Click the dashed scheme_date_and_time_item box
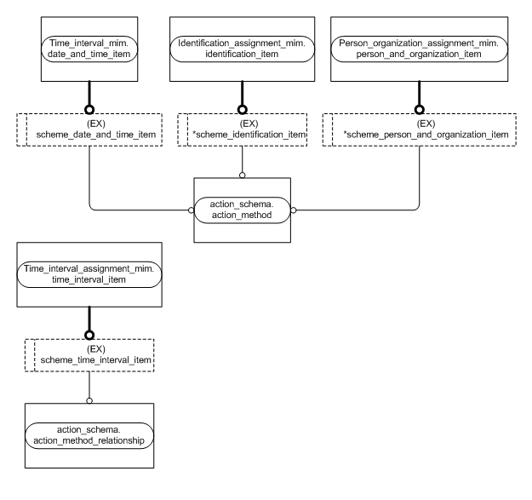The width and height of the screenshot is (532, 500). pyautogui.click(x=89, y=128)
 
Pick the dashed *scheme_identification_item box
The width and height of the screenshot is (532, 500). pyautogui.click(x=243, y=128)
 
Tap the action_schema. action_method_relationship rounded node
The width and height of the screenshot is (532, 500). pyautogui.click(x=89, y=433)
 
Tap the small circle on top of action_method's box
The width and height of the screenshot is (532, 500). pyautogui.click(x=243, y=175)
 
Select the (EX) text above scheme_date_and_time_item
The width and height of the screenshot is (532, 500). pyautogui.click(x=89, y=121)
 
